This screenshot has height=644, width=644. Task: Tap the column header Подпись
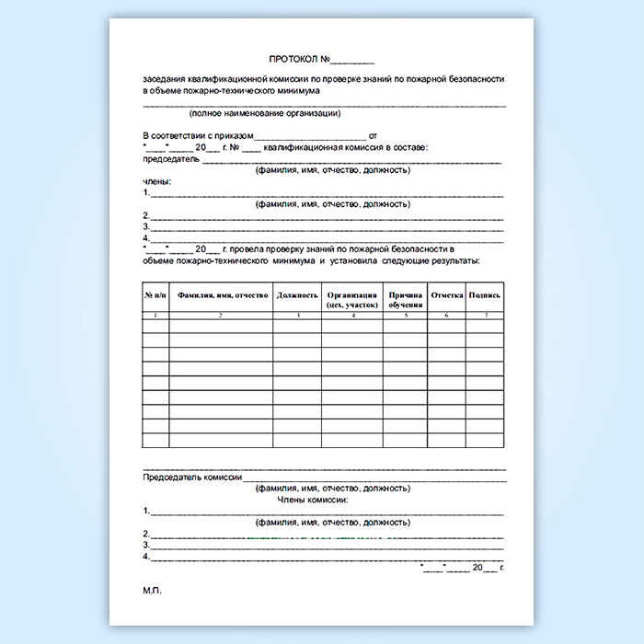[485, 295]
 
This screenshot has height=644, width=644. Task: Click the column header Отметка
[446, 295]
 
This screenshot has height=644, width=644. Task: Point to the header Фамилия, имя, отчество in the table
[222, 295]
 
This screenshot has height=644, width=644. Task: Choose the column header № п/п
[155, 295]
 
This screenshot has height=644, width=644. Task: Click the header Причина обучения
[406, 299]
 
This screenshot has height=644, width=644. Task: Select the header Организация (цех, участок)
[352, 299]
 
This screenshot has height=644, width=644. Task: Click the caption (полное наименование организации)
[265, 114]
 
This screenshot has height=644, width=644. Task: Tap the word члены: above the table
[157, 182]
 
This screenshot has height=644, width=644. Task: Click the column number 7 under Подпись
[485, 316]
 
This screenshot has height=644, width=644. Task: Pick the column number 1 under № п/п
[155, 316]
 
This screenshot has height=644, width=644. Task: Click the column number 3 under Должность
[296, 316]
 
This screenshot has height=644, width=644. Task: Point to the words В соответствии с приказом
[197, 135]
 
